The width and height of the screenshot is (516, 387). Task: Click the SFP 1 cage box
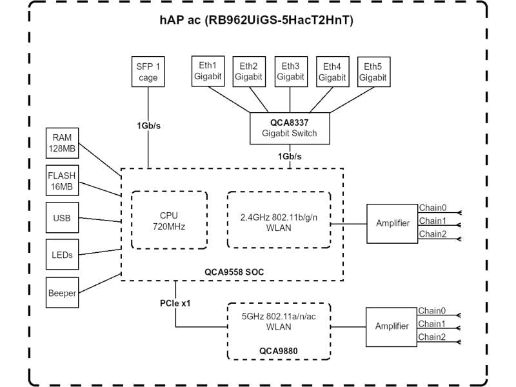147,72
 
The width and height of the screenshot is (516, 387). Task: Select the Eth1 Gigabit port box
207,71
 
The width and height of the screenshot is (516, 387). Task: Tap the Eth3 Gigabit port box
290,71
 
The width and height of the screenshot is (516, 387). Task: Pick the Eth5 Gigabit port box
373,71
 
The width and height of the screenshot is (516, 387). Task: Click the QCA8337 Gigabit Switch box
290,128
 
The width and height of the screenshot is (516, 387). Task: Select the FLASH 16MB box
62,181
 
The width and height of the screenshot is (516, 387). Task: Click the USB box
62,218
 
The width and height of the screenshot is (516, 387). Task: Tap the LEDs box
62,255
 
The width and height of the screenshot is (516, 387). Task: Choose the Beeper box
62,293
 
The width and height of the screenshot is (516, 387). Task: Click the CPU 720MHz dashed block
169,220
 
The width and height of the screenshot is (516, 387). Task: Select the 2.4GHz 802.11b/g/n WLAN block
279,221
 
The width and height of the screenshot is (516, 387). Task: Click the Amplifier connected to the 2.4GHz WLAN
392,223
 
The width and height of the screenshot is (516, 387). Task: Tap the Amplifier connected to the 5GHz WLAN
392,326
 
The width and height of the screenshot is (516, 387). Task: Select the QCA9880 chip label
279,352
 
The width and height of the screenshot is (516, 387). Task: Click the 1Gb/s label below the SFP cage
148,125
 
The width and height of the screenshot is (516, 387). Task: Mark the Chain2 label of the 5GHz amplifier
432,337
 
